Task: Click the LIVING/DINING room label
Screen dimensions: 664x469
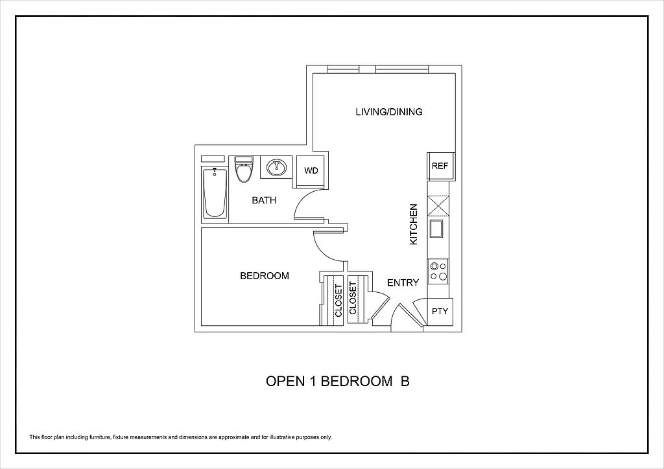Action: tap(388, 112)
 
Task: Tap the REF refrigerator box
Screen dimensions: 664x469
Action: tap(440, 166)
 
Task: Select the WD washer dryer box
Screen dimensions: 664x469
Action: tap(311, 171)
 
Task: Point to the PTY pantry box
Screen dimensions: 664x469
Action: tap(440, 311)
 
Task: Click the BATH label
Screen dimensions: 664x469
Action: tap(264, 200)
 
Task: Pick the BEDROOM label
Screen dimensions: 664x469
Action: tap(265, 276)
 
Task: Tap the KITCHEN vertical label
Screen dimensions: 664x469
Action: tap(413, 224)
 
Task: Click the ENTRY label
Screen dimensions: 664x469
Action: tap(403, 283)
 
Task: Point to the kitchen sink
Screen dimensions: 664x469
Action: tap(436, 229)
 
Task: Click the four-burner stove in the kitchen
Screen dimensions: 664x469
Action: tap(438, 270)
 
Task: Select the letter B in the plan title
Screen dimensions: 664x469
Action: tap(405, 382)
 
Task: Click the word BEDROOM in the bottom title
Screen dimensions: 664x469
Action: tap(351, 382)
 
